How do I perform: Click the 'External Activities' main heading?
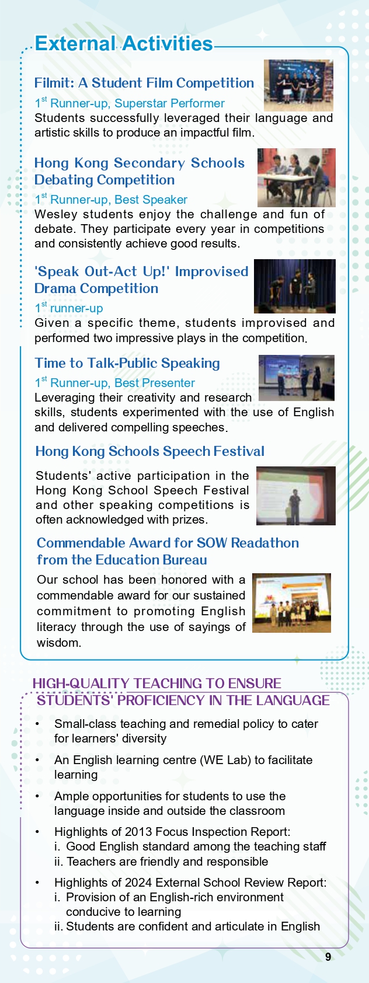(124, 44)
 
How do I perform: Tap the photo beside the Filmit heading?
(298, 85)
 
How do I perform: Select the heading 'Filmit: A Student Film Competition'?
(144, 83)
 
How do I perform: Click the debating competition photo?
(296, 177)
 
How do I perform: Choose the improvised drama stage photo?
(294, 286)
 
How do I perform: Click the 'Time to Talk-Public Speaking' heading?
(127, 363)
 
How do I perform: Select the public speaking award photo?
(296, 378)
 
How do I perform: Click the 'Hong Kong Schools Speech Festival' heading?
(149, 451)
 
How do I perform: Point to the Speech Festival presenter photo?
(295, 496)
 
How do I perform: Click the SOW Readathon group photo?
(291, 603)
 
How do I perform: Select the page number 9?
(328, 957)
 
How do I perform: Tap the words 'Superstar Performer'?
(169, 103)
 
